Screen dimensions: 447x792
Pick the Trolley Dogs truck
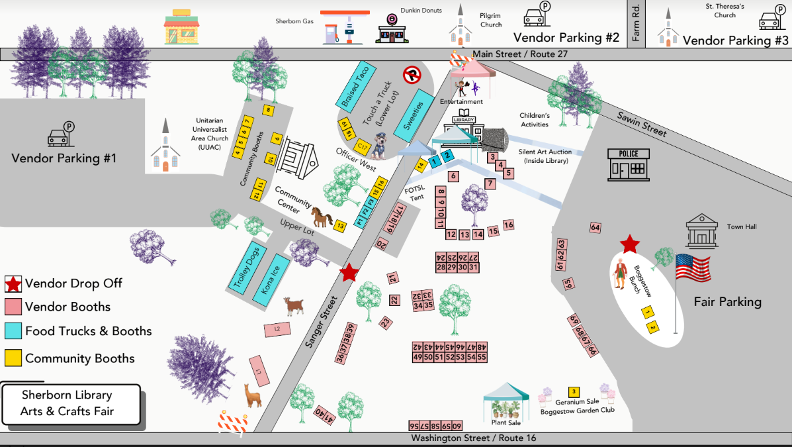(x=246, y=267)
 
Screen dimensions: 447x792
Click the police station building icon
(x=629, y=164)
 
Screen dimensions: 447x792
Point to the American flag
(x=693, y=268)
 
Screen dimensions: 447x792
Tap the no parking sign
(x=413, y=75)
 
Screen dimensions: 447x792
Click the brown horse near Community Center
(x=322, y=217)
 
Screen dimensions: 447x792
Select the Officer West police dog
(x=379, y=146)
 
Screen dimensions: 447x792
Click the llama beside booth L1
(x=252, y=396)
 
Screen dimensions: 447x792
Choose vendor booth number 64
(x=595, y=228)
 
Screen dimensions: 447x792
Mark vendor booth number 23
(x=386, y=323)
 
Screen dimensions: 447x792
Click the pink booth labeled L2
(x=278, y=328)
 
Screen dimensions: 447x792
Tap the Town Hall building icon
(x=701, y=230)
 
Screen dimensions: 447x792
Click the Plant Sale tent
(x=506, y=403)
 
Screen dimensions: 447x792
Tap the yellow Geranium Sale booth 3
(x=574, y=392)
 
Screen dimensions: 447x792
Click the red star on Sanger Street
(x=348, y=272)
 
